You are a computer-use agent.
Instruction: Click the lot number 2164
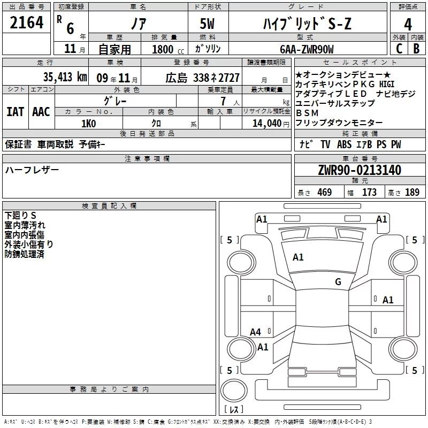(x=26, y=24)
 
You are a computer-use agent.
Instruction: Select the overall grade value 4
(x=408, y=24)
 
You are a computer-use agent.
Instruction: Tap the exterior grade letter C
(x=399, y=49)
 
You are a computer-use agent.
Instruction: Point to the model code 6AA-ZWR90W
(x=307, y=49)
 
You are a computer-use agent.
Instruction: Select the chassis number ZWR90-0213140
(x=360, y=170)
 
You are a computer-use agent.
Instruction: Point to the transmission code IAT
(x=15, y=112)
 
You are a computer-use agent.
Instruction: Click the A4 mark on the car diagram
(x=256, y=332)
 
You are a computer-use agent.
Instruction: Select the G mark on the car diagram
(x=338, y=282)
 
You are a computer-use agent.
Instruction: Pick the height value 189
(x=412, y=193)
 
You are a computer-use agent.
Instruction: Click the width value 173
(x=369, y=193)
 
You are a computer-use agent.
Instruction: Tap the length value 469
(x=324, y=193)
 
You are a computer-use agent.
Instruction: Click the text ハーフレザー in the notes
(x=32, y=170)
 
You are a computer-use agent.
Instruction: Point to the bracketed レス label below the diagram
(x=234, y=409)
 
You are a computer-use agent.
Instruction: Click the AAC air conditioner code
(x=41, y=112)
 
